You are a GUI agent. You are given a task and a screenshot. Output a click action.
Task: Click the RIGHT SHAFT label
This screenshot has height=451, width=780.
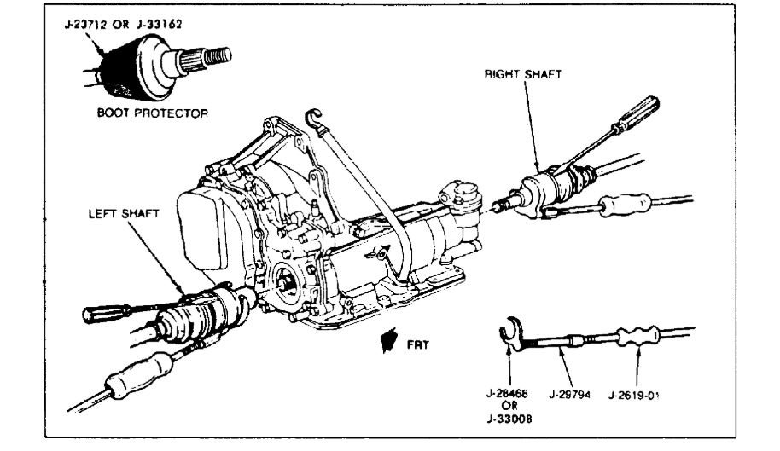point(523,75)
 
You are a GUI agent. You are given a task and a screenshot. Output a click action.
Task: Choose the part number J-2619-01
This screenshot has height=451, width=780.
point(637,395)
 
